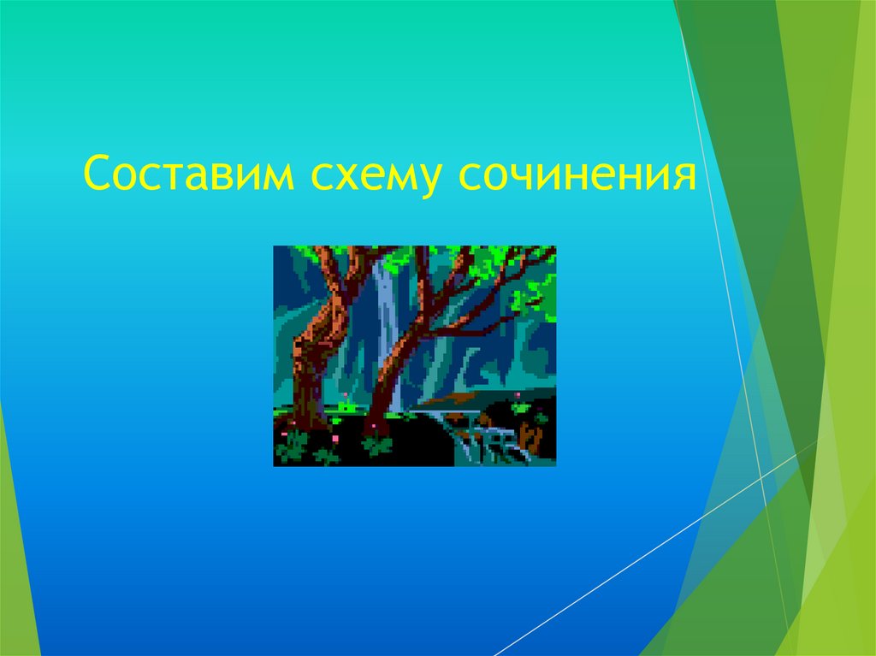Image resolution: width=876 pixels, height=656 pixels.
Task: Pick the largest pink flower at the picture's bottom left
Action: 334,438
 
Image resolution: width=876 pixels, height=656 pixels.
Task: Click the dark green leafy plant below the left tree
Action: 294,445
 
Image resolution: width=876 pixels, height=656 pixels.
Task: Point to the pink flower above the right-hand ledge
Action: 519,396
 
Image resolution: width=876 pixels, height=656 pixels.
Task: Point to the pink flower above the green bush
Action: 344,394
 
